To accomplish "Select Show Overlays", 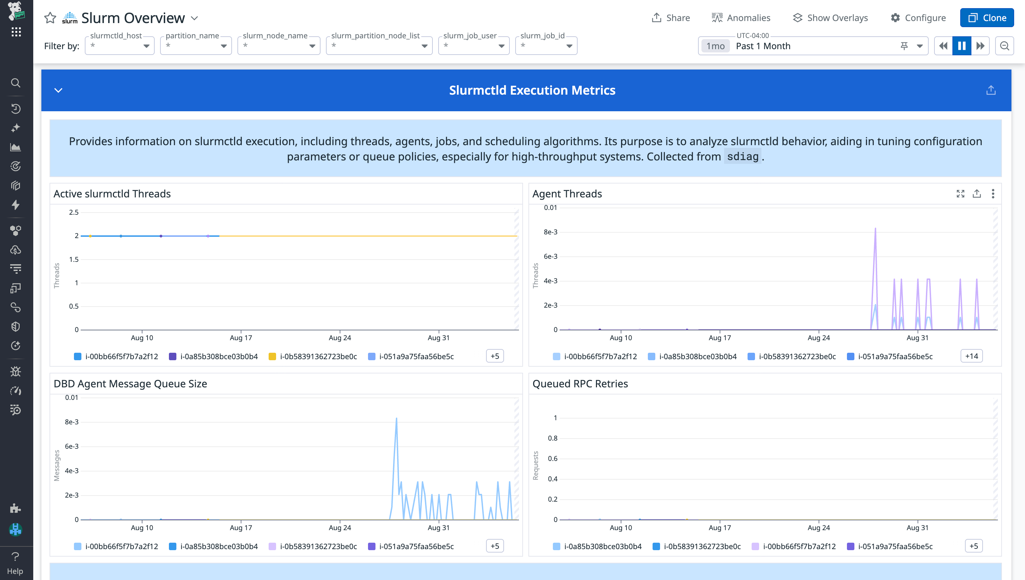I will [830, 18].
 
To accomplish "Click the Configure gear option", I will [918, 18].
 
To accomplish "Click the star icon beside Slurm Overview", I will [50, 18].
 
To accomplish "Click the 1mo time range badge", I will [715, 46].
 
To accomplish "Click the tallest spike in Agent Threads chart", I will [875, 229].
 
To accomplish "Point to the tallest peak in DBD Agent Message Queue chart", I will [396, 419].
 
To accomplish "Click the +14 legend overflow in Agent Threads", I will [971, 356].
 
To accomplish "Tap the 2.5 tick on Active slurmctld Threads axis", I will [74, 212].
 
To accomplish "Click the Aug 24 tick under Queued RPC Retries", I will [818, 527].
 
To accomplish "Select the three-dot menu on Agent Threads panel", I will [993, 194].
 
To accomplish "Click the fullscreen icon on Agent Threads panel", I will [960, 194].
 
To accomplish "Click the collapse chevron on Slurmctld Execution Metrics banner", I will [59, 91].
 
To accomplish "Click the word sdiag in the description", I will [742, 157].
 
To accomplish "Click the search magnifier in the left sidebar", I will [16, 83].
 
